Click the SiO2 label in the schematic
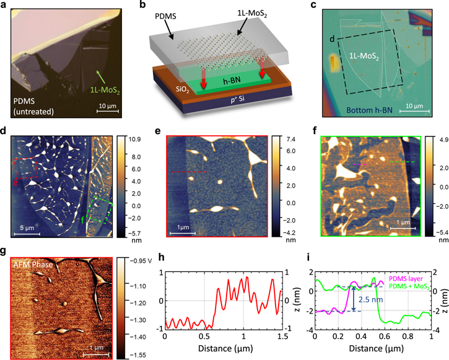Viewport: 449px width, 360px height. click(172, 88)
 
